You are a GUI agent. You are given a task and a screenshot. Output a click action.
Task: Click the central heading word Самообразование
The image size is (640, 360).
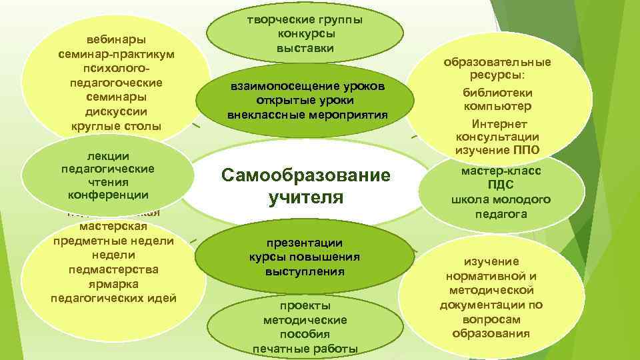click(305, 176)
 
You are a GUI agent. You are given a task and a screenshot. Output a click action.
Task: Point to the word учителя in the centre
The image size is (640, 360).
click(305, 198)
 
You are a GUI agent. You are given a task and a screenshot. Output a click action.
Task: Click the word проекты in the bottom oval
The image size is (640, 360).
click(305, 305)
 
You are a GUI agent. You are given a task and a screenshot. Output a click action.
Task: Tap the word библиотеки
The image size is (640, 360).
click(498, 92)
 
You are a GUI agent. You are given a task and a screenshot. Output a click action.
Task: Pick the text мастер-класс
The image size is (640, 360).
click(501, 171)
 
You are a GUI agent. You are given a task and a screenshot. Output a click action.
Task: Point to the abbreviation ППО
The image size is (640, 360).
click(526, 149)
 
